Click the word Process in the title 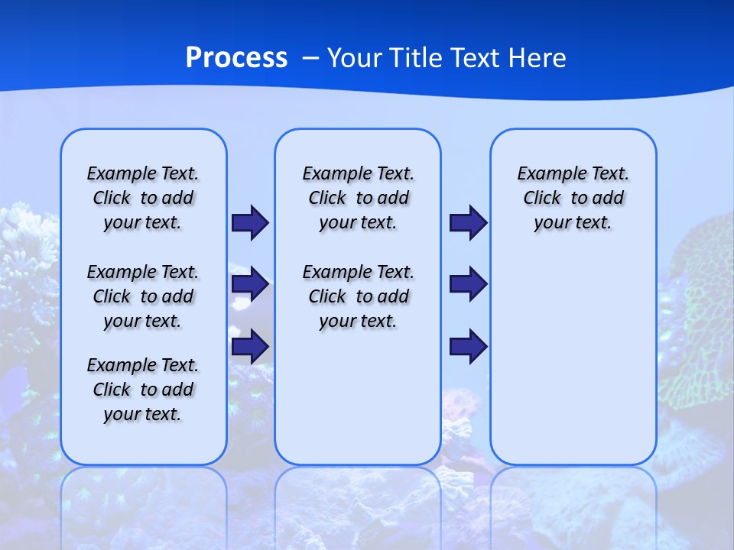point(236,58)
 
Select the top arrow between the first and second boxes point(250,223)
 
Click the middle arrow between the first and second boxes point(250,284)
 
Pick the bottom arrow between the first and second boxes point(250,347)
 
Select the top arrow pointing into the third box point(468,223)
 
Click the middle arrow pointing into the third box point(468,284)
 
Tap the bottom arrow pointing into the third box point(468,347)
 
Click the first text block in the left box point(143,198)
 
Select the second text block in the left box point(143,296)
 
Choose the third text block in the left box point(143,390)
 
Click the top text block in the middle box point(358,198)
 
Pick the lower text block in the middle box point(358,296)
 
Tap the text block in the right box point(573,198)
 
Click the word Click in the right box point(542,198)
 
